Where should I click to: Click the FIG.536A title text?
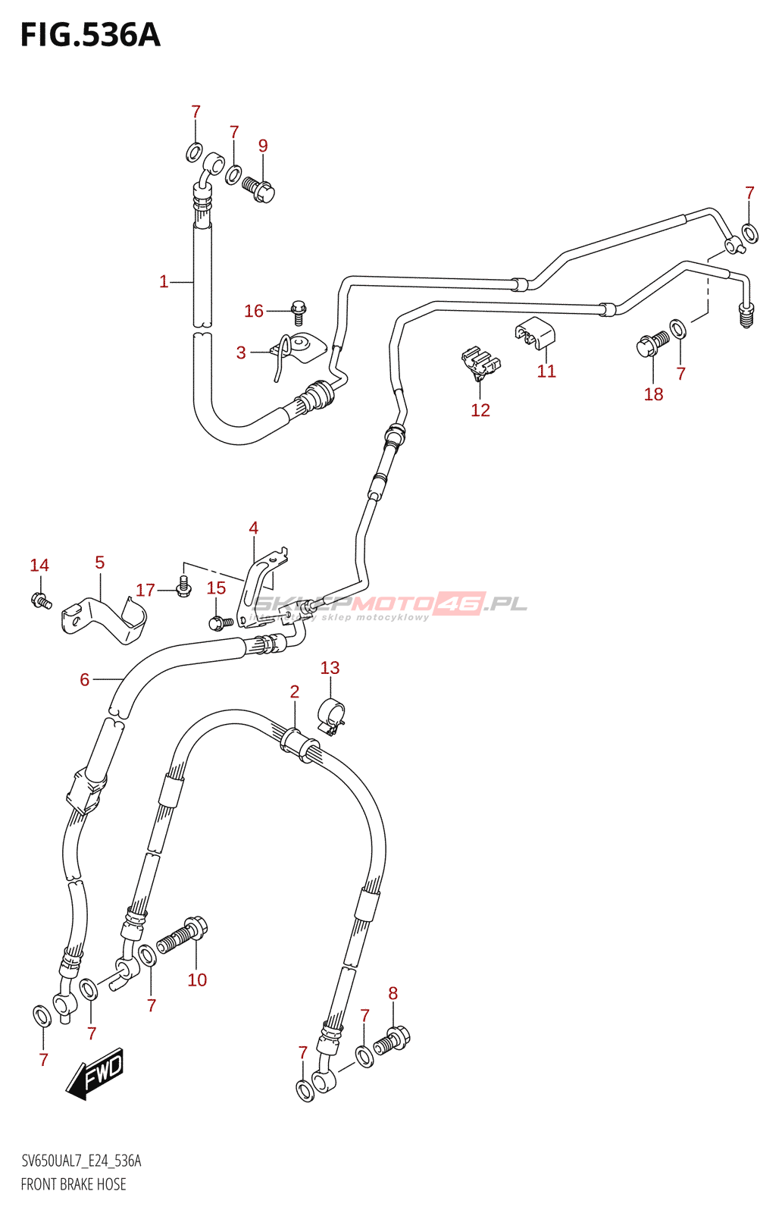coord(90,36)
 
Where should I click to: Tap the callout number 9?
coord(263,146)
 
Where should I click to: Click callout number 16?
coord(254,311)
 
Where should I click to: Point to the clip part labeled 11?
coord(536,331)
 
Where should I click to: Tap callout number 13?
coord(330,668)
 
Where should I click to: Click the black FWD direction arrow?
coord(95,1074)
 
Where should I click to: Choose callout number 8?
coord(393,993)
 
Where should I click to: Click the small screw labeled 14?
coord(40,601)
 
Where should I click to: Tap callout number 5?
coord(100,563)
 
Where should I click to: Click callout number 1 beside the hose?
coord(164,282)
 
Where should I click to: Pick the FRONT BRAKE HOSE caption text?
coord(74,1184)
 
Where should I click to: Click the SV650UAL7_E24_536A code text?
coord(81,1161)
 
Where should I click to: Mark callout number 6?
coord(85,680)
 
